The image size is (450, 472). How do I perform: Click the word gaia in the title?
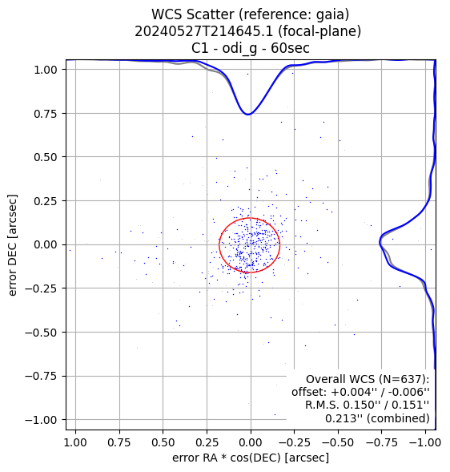coord(331,14)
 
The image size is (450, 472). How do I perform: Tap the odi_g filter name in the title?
coord(239,48)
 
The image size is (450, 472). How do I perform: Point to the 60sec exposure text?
coord(290,48)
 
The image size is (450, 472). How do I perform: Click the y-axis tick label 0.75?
coord(46,114)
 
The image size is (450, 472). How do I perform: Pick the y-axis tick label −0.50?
coord(41,333)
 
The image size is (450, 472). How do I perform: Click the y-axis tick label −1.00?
coord(41,420)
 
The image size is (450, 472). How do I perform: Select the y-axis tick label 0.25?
coord(46,201)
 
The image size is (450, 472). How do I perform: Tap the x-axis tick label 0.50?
coord(163,442)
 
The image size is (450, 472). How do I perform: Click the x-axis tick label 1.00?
coord(75,442)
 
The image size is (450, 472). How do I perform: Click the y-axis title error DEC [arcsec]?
coord(13,245)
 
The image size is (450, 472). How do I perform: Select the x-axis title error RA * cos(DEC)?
coord(227,458)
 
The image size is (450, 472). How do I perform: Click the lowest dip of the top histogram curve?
coord(248,114)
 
